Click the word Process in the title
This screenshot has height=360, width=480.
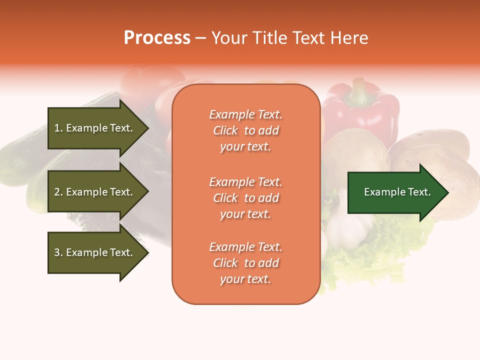(157, 38)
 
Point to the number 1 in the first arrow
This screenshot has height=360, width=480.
(57, 128)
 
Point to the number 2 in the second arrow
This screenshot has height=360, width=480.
(57, 192)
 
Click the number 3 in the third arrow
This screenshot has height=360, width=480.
(57, 252)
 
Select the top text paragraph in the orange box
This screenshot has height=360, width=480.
(245, 130)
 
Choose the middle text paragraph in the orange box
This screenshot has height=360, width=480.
(245, 198)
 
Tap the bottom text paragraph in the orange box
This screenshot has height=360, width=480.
(245, 263)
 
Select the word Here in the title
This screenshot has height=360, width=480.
(350, 38)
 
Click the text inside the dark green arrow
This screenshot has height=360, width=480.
(397, 192)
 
